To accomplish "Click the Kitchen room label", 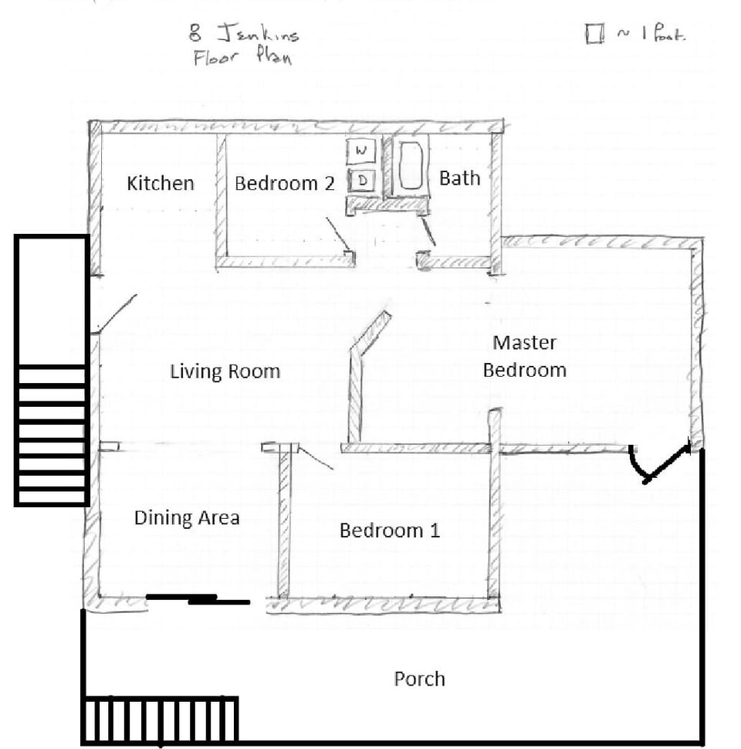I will tap(161, 183).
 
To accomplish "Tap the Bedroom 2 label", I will tap(285, 183).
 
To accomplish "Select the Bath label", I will tap(459, 178).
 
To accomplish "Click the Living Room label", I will tap(225, 371).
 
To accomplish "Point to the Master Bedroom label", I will tap(525, 356).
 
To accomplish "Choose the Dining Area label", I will tap(187, 517).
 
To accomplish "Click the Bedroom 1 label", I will tap(390, 530).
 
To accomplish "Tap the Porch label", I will tap(419, 679).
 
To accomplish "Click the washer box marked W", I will tap(360, 151).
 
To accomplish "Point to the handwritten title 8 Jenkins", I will tap(244, 34).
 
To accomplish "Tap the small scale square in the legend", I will tap(594, 36).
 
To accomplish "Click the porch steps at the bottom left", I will tap(160, 720).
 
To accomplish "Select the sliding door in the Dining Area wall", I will tap(198, 598).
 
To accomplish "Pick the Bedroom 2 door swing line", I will tap(336, 232).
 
